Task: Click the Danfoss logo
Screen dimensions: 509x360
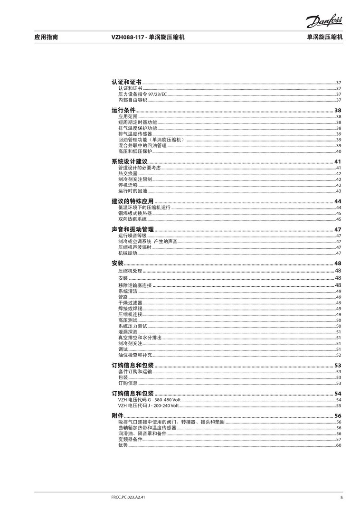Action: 323,21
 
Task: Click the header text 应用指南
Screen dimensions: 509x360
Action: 46,37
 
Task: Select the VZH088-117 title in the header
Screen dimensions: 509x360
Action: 147,37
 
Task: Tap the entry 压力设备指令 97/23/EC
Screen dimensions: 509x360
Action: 142,94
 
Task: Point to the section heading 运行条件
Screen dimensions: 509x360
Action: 123,111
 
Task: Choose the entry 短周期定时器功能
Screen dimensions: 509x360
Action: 137,123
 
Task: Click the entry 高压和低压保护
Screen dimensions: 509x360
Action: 135,151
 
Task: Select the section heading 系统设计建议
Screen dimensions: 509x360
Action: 129,162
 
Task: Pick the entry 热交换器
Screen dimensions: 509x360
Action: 128,174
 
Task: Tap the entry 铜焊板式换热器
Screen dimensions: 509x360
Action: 135,214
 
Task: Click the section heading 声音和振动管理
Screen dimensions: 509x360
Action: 133,229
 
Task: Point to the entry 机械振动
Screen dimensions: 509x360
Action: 128,253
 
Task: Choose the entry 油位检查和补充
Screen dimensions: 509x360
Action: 135,355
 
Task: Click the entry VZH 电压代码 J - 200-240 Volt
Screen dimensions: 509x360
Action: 148,406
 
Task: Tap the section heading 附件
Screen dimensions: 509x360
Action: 117,416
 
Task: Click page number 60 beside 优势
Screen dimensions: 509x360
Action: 339,445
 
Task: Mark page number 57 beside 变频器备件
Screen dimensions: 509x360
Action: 339,439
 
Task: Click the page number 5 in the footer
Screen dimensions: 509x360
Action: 341,497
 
